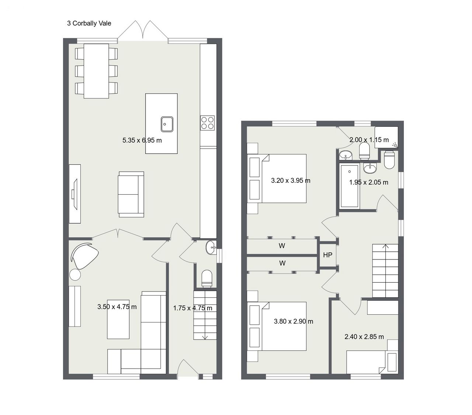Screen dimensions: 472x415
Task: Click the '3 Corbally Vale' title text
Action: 89,23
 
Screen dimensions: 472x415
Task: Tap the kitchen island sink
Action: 167,124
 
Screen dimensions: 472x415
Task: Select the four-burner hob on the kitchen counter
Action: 207,123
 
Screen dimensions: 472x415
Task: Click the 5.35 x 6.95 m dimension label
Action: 142,140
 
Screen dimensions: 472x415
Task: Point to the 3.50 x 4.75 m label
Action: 117,307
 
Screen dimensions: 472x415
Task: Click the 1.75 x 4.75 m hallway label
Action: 192,308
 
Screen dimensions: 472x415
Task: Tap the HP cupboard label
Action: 327,255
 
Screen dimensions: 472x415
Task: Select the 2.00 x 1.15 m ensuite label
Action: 369,140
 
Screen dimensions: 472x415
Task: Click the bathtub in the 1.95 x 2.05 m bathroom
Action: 350,186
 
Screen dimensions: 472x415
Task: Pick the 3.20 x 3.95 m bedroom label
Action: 291,181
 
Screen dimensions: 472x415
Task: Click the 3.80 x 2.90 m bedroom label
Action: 293,321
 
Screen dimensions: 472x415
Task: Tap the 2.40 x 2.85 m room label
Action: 364,336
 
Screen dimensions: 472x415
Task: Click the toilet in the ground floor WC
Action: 206,278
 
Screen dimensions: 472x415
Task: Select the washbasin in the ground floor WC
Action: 211,247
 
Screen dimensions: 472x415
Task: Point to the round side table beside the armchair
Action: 75,275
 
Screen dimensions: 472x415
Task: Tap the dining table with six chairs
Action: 96,71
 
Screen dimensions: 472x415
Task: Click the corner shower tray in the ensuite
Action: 386,137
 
